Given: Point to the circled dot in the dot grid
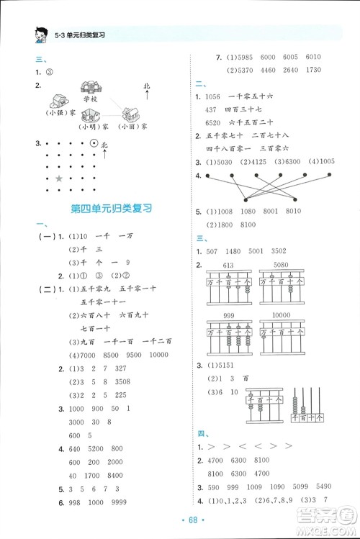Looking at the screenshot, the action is [x=94, y=145].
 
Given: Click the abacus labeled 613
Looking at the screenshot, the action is [x=230, y=281].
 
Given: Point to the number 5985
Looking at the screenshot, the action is [x=248, y=58].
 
